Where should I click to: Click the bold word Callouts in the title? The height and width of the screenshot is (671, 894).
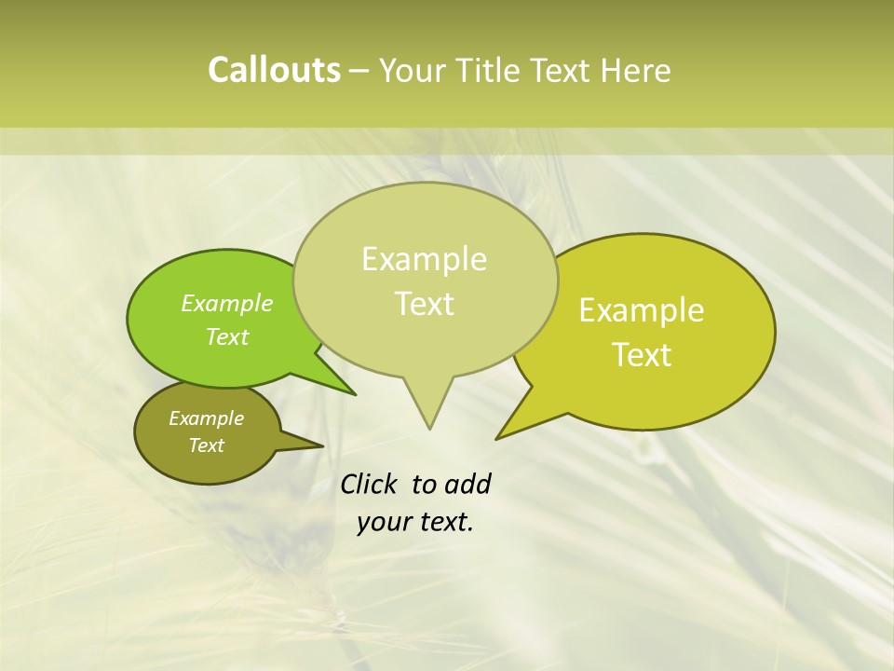coord(274,71)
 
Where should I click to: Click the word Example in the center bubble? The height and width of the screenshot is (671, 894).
coord(424,259)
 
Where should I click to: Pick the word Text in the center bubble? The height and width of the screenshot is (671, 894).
coord(424,304)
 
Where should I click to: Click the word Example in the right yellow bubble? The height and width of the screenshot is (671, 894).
coord(642,310)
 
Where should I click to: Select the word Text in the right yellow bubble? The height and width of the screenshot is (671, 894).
coord(642,355)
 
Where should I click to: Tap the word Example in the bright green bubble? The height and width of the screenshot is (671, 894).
coord(227,303)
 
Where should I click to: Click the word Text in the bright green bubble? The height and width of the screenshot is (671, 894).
coord(227,336)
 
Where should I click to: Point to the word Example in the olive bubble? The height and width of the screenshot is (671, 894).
coord(207,418)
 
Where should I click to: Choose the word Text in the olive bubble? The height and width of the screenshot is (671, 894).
coord(207,445)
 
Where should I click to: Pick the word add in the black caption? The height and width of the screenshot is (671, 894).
coord(467,484)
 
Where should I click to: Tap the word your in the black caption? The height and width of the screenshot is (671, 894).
coord(382,522)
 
